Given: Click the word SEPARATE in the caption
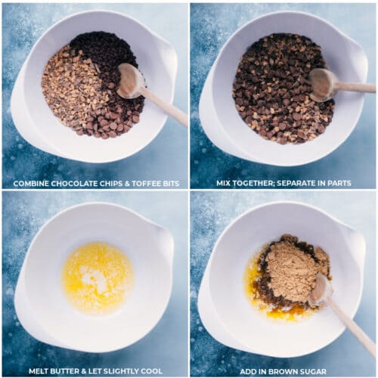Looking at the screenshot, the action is point(297,183).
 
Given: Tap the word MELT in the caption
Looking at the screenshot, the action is point(39,371).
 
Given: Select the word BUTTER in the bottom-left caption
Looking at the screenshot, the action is point(65,371).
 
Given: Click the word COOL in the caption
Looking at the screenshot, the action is point(152,371).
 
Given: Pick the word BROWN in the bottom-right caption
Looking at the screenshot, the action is point(283,371).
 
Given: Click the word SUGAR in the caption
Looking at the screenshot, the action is point(313,371).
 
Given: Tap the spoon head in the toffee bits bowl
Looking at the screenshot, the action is point(131,81).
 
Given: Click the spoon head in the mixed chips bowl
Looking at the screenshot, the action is point(324,85).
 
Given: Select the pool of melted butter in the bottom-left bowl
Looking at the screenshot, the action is point(98,277).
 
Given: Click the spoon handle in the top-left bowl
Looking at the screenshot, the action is point(165,106).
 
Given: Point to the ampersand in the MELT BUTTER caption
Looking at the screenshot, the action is point(84,371).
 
